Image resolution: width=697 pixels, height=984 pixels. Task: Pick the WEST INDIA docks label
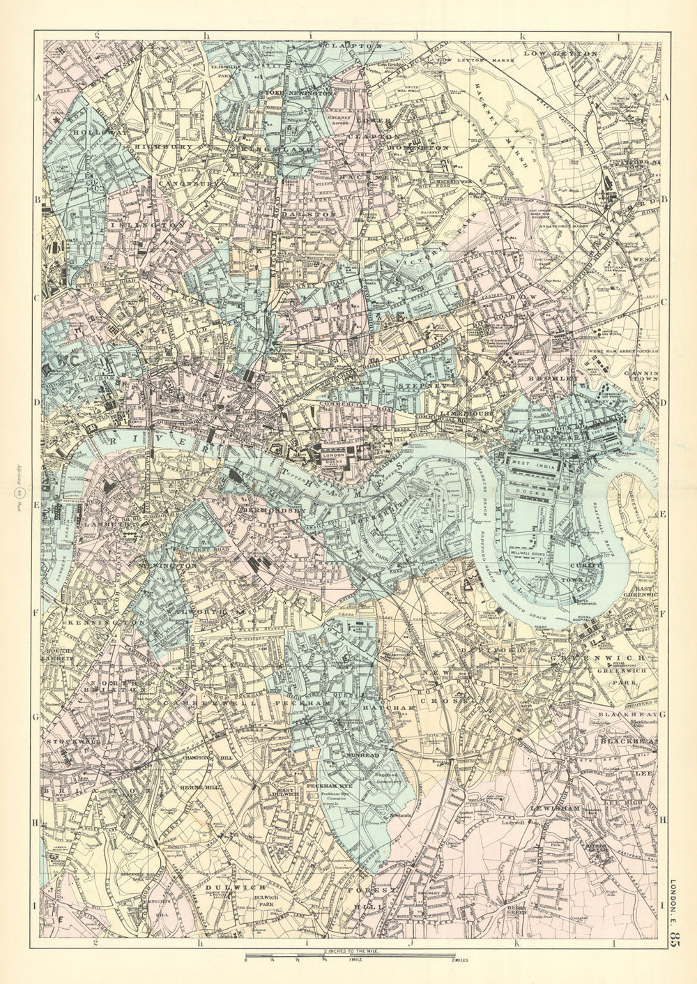(539, 464)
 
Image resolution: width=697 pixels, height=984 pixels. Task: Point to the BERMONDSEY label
(273, 511)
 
